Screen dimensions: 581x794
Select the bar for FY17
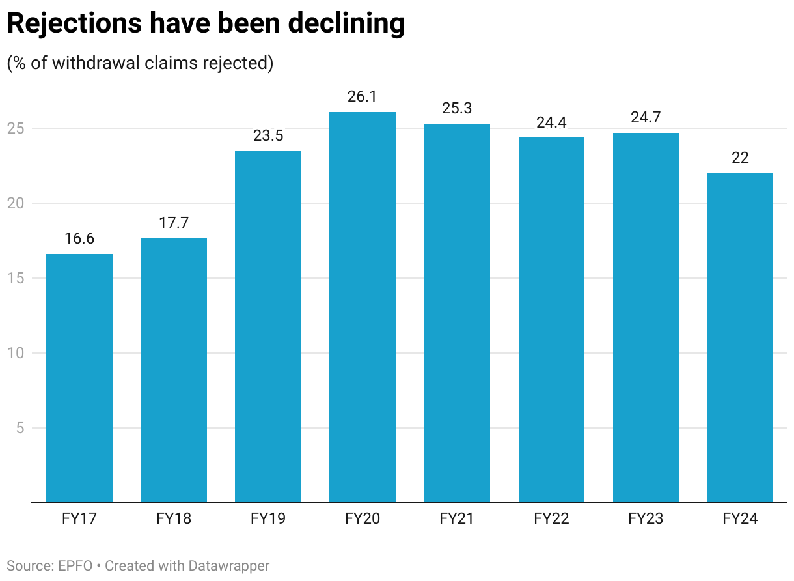coord(79,378)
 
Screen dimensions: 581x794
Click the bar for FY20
coord(363,307)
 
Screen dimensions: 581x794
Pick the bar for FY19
coord(268,326)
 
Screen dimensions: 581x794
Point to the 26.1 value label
coord(363,97)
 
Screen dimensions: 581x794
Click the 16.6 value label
coord(79,239)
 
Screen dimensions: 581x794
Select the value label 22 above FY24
coord(740,158)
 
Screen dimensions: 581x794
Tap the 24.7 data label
coord(646,118)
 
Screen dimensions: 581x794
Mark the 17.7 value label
coord(174,223)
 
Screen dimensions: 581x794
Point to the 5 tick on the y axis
coord(20,428)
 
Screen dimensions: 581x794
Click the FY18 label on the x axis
coord(174,519)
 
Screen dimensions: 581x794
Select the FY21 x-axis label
coord(457,519)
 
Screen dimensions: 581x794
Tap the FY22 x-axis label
coord(551,519)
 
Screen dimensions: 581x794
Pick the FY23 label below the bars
coord(646,519)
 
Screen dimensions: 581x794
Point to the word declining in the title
coord(346,23)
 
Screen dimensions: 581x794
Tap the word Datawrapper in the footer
coord(229,565)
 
